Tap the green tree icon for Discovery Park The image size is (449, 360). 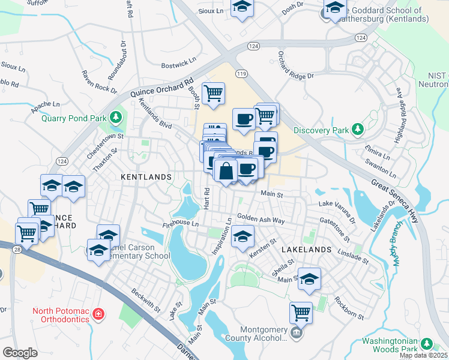click(x=358, y=130)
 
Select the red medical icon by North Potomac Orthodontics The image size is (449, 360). click(x=98, y=314)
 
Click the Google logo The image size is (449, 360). click(x=20, y=353)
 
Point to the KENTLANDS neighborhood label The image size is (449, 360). click(x=146, y=177)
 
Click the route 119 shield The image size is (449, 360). click(x=241, y=73)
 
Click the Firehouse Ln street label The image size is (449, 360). click(x=181, y=224)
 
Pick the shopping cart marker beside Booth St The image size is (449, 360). click(x=213, y=93)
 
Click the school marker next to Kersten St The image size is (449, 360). click(x=242, y=237)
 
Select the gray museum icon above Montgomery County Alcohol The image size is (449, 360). click(x=295, y=332)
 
